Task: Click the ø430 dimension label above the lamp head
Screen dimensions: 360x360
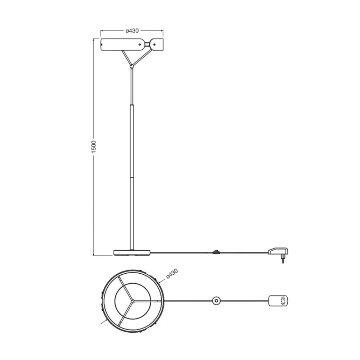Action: [x=132, y=31]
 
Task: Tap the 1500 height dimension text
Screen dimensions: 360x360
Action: [x=94, y=147]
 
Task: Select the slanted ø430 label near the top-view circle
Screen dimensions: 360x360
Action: [x=172, y=274]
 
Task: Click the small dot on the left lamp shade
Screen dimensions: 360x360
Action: [x=140, y=45]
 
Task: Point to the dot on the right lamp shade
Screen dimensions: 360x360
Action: [x=154, y=44]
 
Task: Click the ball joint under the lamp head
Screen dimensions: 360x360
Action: [x=132, y=66]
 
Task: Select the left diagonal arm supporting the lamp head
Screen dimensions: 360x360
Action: [x=126, y=58]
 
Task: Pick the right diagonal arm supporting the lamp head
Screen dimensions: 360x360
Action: [x=142, y=57]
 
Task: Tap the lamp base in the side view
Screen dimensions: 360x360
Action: [x=132, y=253]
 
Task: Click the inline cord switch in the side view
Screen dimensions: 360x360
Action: [x=216, y=252]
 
